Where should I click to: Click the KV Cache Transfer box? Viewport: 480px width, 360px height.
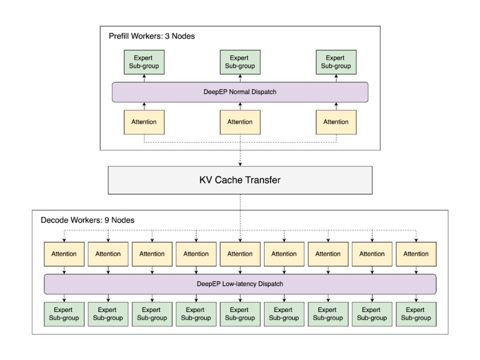point(240,180)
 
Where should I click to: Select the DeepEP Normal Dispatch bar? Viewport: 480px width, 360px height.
point(240,92)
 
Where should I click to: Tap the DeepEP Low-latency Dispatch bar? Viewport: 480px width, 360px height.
point(240,284)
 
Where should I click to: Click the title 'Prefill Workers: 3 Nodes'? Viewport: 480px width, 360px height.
point(152,36)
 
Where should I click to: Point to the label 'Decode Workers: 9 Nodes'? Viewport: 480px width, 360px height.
point(88,220)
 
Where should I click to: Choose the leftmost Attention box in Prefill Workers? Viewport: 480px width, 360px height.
point(144,122)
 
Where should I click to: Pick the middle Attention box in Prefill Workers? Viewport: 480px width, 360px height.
point(240,122)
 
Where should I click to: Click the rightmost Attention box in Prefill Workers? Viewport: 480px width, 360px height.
point(336,122)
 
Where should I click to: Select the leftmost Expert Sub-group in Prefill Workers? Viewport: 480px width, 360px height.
point(144,62)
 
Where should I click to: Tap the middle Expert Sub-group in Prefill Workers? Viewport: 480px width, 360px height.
point(240,62)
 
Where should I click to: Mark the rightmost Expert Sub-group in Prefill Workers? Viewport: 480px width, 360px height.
point(336,62)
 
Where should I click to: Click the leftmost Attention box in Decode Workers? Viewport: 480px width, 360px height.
point(64,254)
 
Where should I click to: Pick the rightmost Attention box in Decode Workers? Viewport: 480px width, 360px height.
point(416,254)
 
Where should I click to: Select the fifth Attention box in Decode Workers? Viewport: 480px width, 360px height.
point(240,254)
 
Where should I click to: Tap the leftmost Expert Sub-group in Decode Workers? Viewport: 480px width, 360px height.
point(64,314)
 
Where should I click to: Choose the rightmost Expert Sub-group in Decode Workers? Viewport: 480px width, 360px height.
point(416,314)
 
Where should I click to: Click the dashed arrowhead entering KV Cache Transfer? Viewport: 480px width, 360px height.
point(240,164)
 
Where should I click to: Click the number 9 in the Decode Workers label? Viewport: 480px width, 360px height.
point(107,220)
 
